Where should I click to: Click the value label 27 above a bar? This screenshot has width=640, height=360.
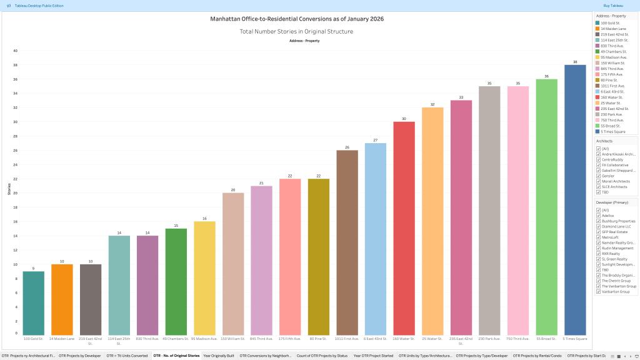pyautogui.click(x=375, y=140)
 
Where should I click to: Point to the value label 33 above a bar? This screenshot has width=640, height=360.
pyautogui.click(x=461, y=97)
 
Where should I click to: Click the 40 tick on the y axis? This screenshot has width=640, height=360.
pyautogui.click(x=16, y=51)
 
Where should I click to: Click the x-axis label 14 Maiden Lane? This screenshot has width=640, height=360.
pyautogui.click(x=62, y=339)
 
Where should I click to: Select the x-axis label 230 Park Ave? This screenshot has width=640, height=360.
pyautogui.click(x=489, y=339)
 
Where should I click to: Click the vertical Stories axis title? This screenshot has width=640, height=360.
pyautogui.click(x=9, y=188)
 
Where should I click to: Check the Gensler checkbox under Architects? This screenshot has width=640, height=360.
pyautogui.click(x=598, y=176)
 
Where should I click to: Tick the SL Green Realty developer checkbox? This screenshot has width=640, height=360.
pyautogui.click(x=598, y=259)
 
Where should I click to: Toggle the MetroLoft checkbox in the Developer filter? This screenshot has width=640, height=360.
pyautogui.click(x=598, y=237)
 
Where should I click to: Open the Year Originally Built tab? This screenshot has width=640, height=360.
pyautogui.click(x=219, y=356)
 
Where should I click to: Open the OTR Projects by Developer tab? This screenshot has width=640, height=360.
pyautogui.click(x=80, y=356)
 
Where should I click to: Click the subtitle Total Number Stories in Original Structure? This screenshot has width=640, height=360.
pyautogui.click(x=296, y=31)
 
